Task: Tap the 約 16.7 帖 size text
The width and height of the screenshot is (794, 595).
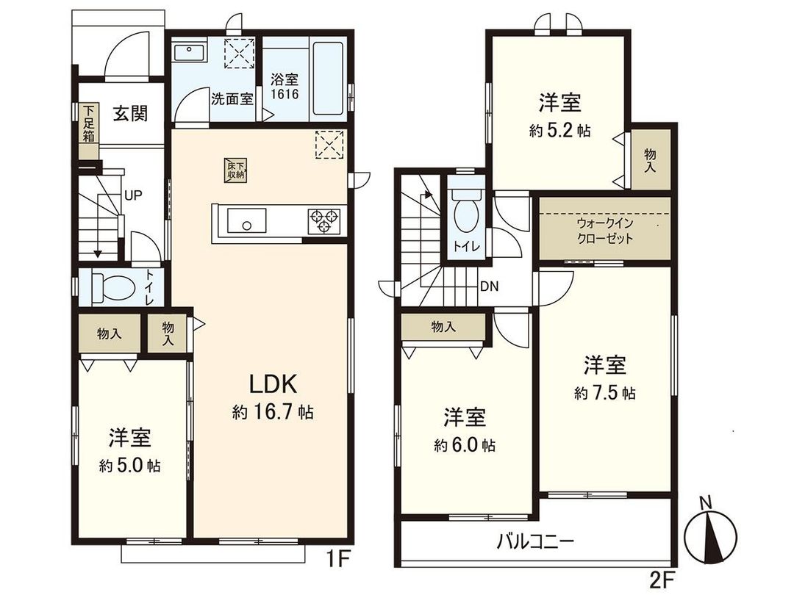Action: pos(273,412)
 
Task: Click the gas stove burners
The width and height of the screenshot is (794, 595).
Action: pos(323,220)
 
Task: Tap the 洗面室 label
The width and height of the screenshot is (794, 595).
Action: pos(232,98)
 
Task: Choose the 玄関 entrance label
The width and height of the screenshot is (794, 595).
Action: pos(130,114)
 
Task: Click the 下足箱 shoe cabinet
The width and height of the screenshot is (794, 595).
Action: pos(88,125)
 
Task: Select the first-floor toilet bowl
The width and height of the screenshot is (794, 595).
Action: pos(114,287)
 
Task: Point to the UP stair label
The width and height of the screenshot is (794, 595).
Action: pos(133,195)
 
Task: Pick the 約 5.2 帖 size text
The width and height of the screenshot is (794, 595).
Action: pos(560,131)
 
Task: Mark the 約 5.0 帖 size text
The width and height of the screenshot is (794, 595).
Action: pos(131,466)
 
